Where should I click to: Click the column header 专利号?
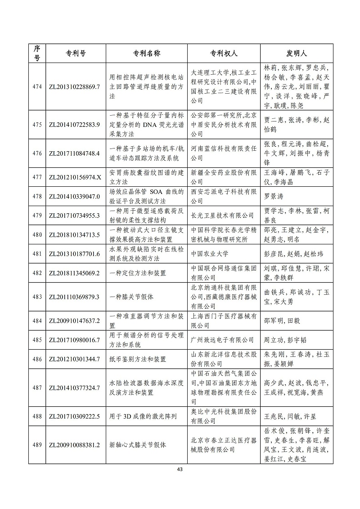[73, 54]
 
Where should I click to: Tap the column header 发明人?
[297, 54]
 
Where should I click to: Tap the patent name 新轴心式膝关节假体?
[138, 445]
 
